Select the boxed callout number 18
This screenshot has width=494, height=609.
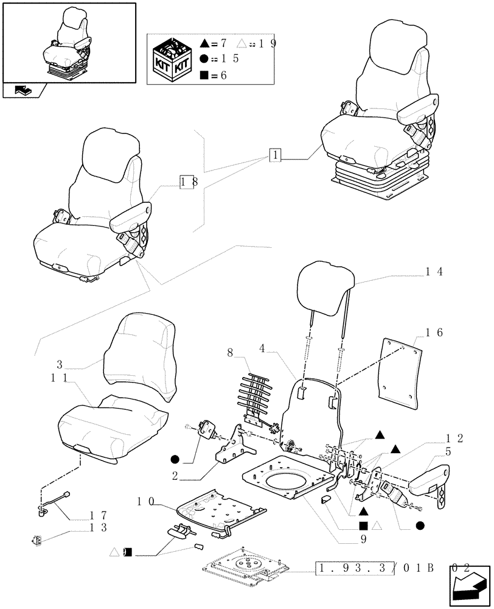(187, 181)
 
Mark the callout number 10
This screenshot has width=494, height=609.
(145, 501)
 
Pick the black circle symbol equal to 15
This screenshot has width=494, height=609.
(206, 59)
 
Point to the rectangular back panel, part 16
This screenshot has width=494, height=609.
(401, 371)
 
